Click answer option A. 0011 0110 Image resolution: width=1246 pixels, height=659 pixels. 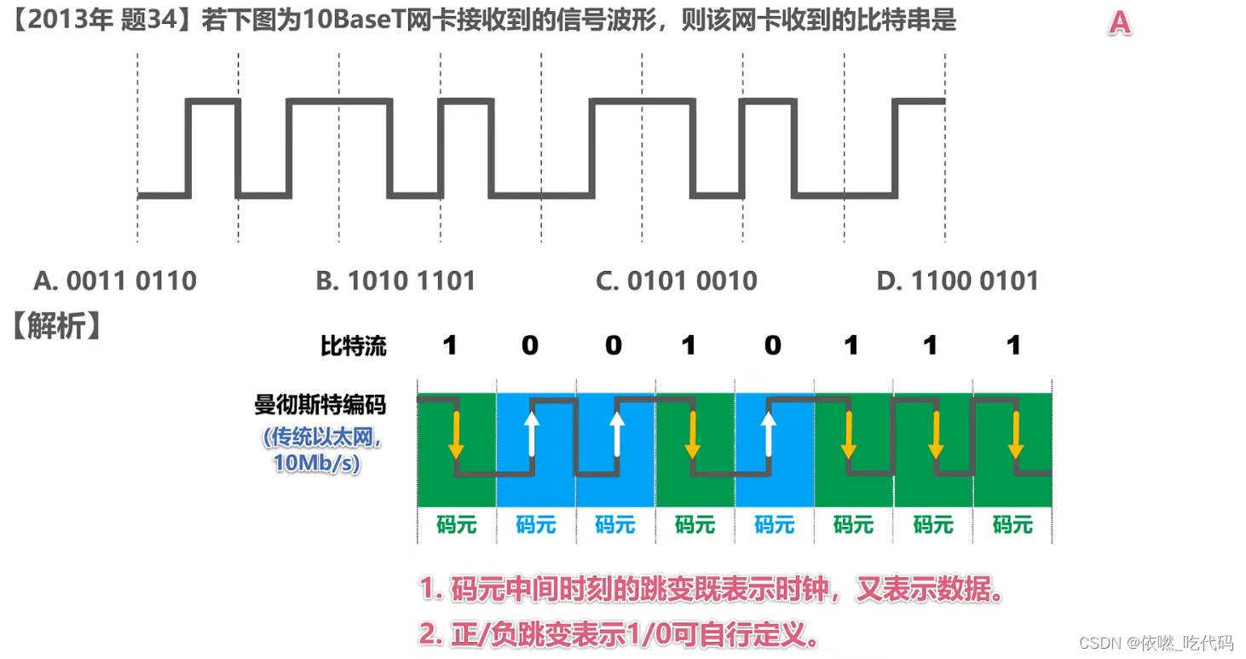click(x=115, y=280)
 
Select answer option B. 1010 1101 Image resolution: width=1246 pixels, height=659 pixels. click(x=395, y=280)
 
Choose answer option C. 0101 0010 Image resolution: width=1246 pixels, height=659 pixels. click(x=677, y=280)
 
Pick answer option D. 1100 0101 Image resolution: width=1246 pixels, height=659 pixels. click(x=957, y=280)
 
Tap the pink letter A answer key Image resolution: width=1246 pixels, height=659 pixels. click(x=1119, y=23)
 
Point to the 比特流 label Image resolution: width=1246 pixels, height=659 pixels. click(x=353, y=345)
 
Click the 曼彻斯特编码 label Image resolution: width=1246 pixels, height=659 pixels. click(x=320, y=404)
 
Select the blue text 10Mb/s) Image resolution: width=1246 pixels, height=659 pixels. click(x=316, y=463)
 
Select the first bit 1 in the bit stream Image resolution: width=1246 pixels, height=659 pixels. click(x=450, y=345)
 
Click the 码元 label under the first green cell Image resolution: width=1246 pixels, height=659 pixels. click(x=457, y=524)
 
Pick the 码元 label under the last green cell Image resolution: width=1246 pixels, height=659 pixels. click(x=1012, y=524)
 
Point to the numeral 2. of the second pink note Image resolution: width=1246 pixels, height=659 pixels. click(x=428, y=633)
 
